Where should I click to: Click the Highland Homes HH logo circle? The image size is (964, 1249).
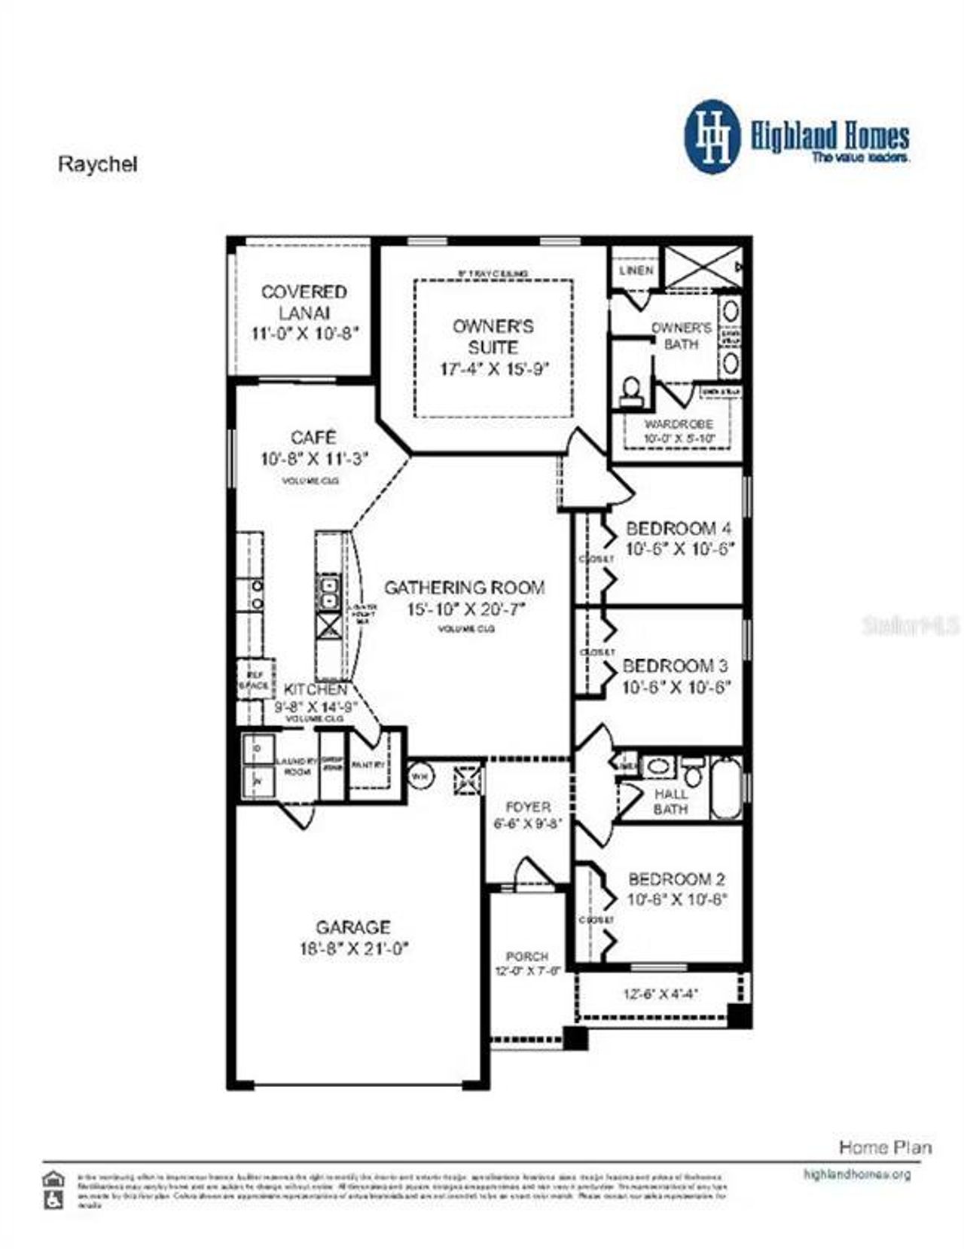click(x=712, y=138)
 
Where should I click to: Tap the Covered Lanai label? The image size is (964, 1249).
click(x=304, y=301)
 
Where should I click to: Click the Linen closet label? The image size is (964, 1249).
click(x=636, y=270)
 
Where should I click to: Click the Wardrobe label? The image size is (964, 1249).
click(x=678, y=424)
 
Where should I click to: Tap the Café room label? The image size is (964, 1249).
click(x=313, y=438)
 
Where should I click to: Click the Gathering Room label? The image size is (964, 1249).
click(x=465, y=588)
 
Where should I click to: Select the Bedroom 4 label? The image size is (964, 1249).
click(x=678, y=528)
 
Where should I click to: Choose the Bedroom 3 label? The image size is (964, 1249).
click(x=675, y=666)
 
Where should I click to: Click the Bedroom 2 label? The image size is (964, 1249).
click(x=676, y=879)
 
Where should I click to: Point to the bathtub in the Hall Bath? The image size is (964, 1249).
click(x=726, y=789)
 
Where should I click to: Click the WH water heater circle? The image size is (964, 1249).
click(x=420, y=775)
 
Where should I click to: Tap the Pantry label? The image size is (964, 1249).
click(x=368, y=765)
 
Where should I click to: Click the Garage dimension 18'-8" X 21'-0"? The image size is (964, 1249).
click(x=354, y=949)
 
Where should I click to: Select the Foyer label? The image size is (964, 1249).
click(x=527, y=807)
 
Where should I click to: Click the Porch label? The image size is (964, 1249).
click(x=527, y=956)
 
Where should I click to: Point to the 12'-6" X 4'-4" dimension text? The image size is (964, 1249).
click(x=660, y=994)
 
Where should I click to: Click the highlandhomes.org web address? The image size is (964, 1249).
click(x=857, y=1174)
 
